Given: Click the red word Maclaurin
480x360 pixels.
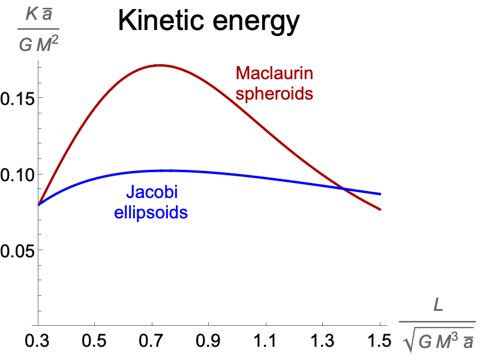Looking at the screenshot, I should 275,74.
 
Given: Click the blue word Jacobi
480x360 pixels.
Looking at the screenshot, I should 151,193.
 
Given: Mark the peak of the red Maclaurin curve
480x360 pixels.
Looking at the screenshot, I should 158,65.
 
